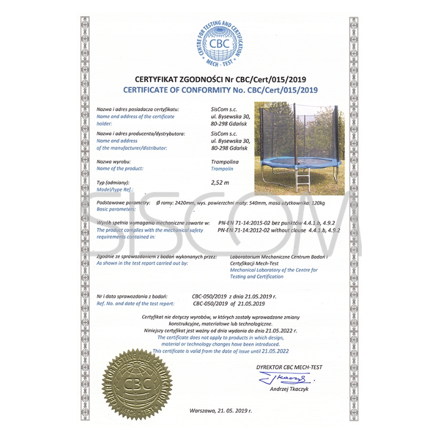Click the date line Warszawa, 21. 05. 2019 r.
(221, 410)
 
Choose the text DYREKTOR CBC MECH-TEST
(289, 367)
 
